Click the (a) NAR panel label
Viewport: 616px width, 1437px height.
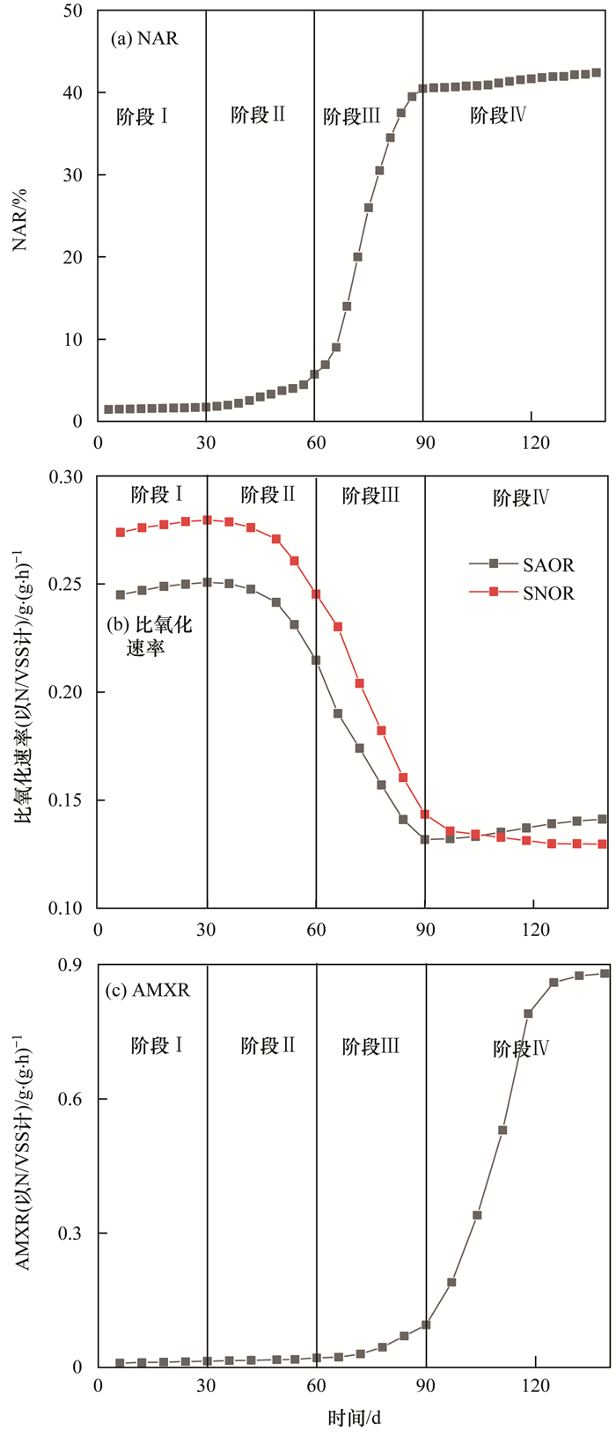(144, 39)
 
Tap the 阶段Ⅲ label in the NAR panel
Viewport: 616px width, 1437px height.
(352, 116)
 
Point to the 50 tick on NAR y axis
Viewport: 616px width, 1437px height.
(73, 11)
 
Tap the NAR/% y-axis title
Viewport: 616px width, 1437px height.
(20, 216)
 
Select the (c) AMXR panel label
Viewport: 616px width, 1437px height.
(148, 991)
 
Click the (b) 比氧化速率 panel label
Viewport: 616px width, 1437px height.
(150, 637)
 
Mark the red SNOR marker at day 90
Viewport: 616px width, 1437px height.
(425, 814)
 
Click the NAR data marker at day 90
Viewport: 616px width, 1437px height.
(422, 88)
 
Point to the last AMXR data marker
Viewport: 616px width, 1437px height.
(605, 973)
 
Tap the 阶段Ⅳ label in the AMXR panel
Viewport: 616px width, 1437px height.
(521, 1049)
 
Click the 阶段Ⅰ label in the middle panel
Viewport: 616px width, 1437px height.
(157, 495)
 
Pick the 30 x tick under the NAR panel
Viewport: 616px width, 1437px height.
(206, 442)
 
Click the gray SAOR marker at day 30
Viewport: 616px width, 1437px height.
(207, 582)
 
